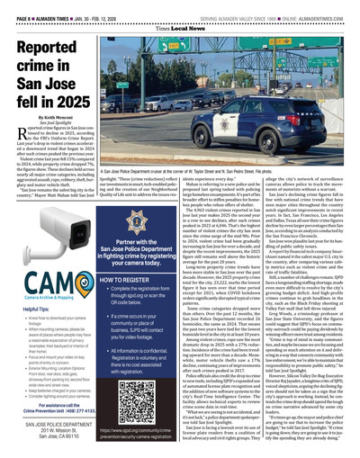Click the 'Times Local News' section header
tap(180, 29)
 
